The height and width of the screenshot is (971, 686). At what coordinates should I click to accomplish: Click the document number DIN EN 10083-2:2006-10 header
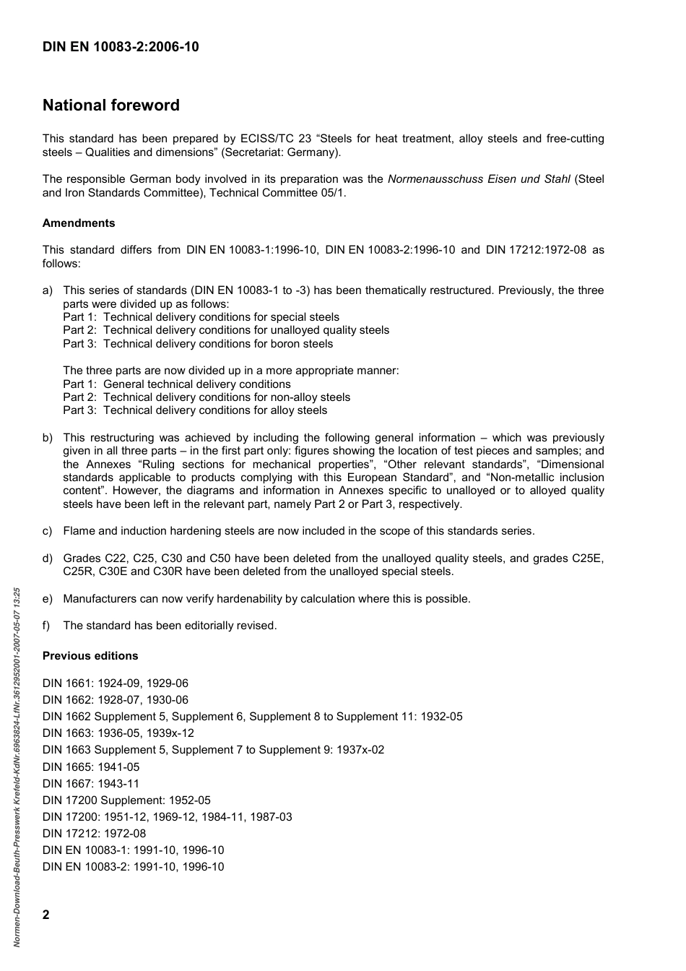121,48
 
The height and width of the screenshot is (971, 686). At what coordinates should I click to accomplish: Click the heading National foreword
111,105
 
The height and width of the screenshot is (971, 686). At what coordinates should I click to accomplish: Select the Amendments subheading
79,223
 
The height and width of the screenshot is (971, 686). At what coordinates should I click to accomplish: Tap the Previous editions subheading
90,656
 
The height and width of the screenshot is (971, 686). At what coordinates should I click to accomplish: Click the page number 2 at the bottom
46,915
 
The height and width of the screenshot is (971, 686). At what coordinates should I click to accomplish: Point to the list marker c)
48,531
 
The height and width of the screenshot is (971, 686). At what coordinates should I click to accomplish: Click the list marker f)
47,626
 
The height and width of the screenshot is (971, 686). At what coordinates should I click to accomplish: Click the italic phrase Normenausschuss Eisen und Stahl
479,179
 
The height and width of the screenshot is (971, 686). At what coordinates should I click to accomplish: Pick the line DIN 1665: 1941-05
91,767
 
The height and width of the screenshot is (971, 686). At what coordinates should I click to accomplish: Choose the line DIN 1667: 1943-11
91,784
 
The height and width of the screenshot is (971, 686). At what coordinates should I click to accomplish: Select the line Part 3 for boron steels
198,344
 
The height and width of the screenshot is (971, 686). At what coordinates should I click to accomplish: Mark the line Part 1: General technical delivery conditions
177,384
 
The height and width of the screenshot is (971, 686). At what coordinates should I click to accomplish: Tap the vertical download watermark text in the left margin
17,766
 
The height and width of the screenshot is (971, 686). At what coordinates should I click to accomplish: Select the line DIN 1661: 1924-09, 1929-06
116,683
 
